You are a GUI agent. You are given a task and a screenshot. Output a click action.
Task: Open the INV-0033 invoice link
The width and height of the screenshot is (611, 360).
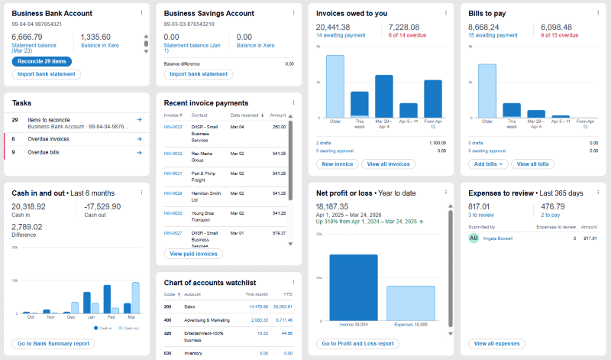click(x=173, y=127)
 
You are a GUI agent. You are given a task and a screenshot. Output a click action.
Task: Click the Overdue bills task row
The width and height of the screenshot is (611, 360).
click(x=76, y=152)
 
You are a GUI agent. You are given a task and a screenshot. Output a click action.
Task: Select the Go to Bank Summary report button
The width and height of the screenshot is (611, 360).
click(x=53, y=344)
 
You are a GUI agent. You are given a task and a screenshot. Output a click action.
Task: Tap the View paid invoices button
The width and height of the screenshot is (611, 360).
click(x=193, y=254)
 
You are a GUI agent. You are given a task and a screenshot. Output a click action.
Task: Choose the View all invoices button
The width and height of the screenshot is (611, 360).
click(x=389, y=164)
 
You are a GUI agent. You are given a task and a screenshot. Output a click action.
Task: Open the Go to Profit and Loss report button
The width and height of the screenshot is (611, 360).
click(x=358, y=344)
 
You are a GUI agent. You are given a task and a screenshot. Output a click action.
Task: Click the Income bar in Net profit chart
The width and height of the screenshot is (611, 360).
click(x=353, y=287)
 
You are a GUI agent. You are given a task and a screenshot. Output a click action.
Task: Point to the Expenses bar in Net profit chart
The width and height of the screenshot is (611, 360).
click(x=410, y=303)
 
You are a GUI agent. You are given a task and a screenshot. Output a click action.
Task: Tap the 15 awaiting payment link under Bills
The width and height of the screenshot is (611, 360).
click(x=491, y=35)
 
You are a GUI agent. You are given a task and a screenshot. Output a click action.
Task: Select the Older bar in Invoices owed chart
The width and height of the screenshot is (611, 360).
click(x=335, y=86)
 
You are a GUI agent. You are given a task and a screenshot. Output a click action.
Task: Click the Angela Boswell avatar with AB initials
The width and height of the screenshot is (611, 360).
click(x=474, y=238)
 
